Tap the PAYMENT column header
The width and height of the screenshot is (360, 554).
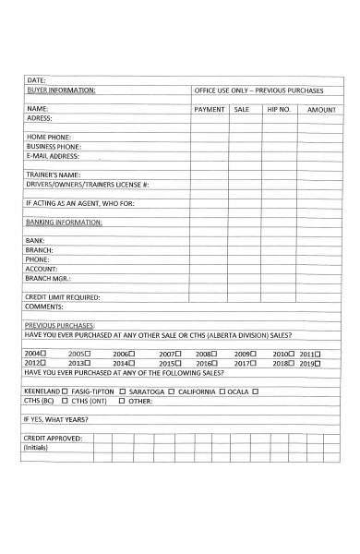click(210, 109)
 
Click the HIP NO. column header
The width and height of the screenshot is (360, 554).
click(279, 109)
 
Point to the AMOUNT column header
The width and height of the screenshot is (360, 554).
click(321, 109)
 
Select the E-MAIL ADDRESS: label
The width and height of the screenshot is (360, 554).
click(53, 155)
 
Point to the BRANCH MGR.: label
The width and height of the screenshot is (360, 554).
click(48, 278)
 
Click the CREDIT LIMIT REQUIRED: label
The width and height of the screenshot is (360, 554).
click(62, 296)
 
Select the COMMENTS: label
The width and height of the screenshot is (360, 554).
click(43, 306)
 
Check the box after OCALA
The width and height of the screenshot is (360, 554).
click(255, 391)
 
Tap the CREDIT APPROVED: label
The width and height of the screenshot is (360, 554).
click(53, 438)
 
